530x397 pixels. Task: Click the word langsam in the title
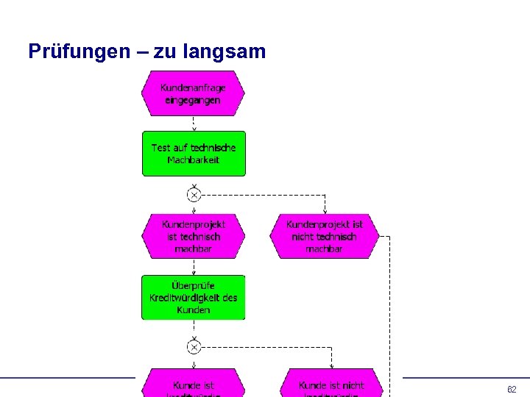pyautogui.click(x=227, y=52)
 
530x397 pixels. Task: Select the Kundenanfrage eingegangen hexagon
pyautogui.click(x=193, y=93)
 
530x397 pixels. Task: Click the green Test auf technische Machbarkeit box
pyautogui.click(x=194, y=154)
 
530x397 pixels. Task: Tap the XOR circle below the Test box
pyautogui.click(x=194, y=195)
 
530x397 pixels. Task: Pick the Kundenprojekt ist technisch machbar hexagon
pyautogui.click(x=193, y=236)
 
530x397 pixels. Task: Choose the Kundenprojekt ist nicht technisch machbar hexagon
pyautogui.click(x=324, y=236)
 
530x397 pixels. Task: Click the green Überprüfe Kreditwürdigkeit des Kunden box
pyautogui.click(x=193, y=297)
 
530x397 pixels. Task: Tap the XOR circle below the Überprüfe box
pyautogui.click(x=194, y=346)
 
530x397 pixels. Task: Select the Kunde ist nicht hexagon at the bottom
pyautogui.click(x=331, y=385)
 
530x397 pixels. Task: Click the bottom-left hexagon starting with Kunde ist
pyautogui.click(x=194, y=385)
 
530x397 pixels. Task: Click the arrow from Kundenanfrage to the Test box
pyautogui.click(x=194, y=124)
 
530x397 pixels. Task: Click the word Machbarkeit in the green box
pyautogui.click(x=193, y=160)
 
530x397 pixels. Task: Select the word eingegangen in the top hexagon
pyautogui.click(x=192, y=100)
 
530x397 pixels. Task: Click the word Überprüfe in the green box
pyautogui.click(x=193, y=285)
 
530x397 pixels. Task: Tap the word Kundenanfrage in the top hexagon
pyautogui.click(x=193, y=87)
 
